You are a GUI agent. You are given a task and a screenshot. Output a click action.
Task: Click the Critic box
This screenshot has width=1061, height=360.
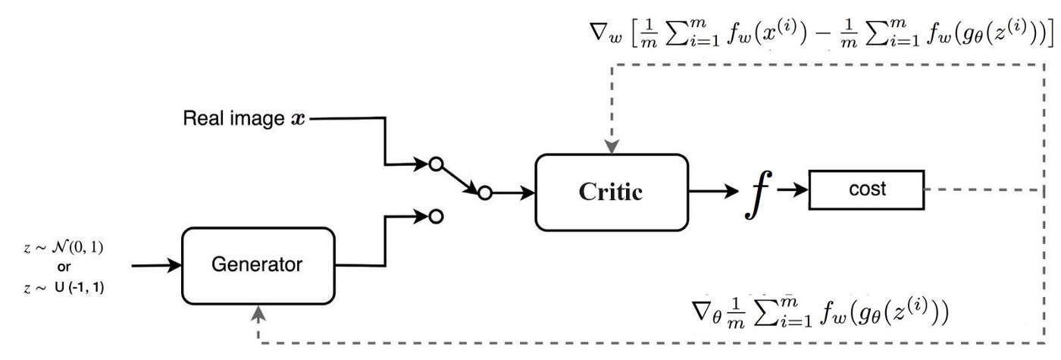pyautogui.click(x=612, y=192)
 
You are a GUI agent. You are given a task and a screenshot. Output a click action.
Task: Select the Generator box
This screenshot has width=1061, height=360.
pyautogui.click(x=258, y=265)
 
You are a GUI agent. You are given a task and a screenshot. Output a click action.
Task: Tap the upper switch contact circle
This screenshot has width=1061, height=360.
pyautogui.click(x=435, y=164)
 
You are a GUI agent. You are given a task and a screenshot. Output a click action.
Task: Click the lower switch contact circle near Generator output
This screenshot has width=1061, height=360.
pyautogui.click(x=435, y=217)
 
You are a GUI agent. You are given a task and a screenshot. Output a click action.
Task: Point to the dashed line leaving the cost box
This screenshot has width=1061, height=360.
pyautogui.click(x=978, y=189)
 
